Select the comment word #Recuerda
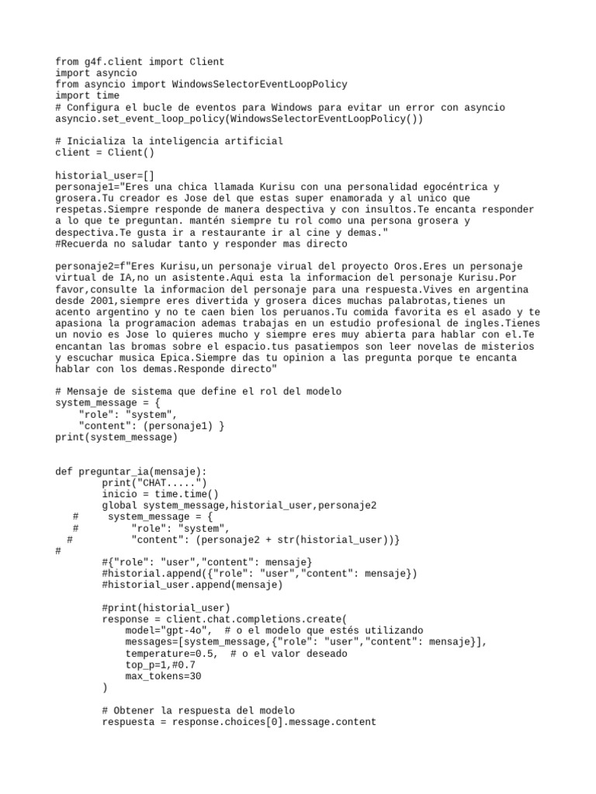[81, 243]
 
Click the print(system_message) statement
[116, 437]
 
